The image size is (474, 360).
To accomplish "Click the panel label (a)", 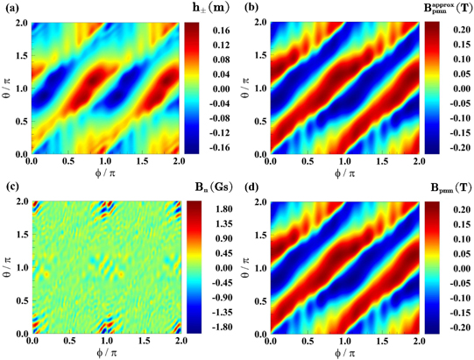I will (x=10, y=8).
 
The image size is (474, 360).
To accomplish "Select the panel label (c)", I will (x=10, y=185).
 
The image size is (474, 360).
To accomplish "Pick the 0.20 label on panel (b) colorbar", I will (x=456, y=28).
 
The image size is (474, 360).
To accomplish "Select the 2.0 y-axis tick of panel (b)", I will (x=259, y=22).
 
